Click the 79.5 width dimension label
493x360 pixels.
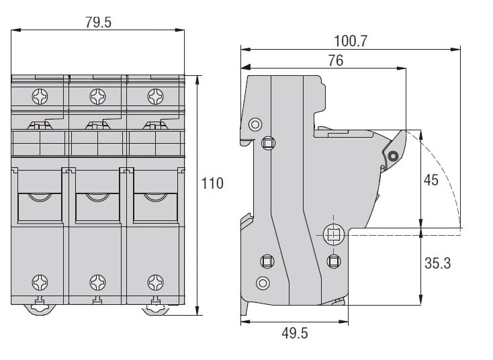pyautogui.click(x=99, y=23)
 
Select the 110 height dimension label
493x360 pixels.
pyautogui.click(x=212, y=183)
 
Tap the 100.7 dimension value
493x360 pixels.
pyautogui.click(x=350, y=41)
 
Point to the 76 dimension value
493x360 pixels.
pyautogui.click(x=335, y=60)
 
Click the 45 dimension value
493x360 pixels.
pyautogui.click(x=431, y=180)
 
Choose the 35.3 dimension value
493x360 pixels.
pyautogui.click(x=437, y=263)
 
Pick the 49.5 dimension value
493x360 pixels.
pyautogui.click(x=295, y=333)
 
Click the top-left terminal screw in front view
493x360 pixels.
pyautogui.click(x=40, y=97)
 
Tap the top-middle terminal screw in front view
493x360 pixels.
pyautogui.click(x=98, y=97)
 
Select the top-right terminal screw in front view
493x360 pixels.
pyautogui.click(x=156, y=97)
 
